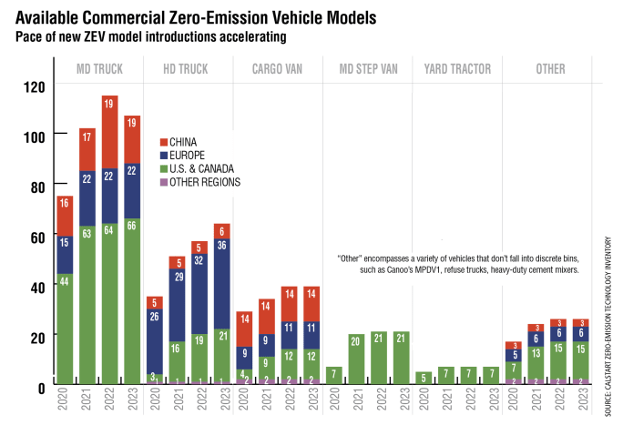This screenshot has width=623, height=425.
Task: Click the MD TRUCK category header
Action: (x=99, y=69)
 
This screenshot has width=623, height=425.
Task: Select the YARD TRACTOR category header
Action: (x=458, y=69)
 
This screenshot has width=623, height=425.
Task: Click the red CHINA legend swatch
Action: (x=164, y=142)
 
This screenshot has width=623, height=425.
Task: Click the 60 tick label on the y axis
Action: (x=34, y=238)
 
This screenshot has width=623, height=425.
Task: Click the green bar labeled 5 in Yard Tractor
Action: (x=423, y=377)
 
